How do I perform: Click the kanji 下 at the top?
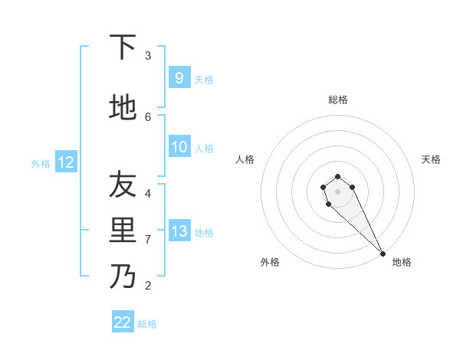tap(123, 47)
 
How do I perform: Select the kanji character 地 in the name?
tap(123, 107)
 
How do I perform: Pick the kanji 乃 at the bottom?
tap(123, 276)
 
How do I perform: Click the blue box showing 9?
tap(179, 78)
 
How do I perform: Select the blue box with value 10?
tap(179, 147)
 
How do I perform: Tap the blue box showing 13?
tap(179, 231)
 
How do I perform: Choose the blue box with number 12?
tap(65, 162)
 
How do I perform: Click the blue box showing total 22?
tap(123, 322)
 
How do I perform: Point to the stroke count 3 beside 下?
tap(148, 55)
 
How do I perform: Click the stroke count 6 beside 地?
tap(148, 116)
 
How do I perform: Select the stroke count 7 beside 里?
tap(148, 239)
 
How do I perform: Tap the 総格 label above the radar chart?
tap(338, 100)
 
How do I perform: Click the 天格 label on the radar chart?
tap(431, 159)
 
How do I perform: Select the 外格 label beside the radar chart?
tap(270, 262)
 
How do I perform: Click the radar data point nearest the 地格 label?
tap(383, 254)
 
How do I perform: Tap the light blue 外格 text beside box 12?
tap(40, 163)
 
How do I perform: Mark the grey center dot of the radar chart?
tap(338, 191)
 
